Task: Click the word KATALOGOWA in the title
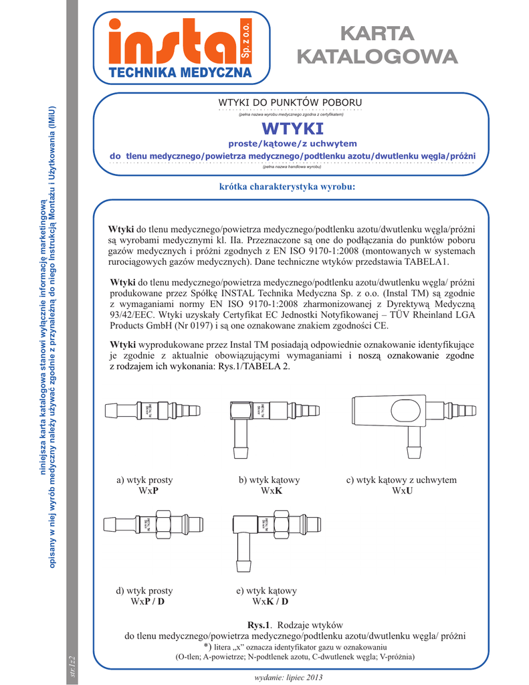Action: (x=377, y=57)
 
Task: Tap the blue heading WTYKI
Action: (x=292, y=128)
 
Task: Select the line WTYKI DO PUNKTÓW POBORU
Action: (x=290, y=102)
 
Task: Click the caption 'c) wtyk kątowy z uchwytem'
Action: (x=401, y=480)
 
